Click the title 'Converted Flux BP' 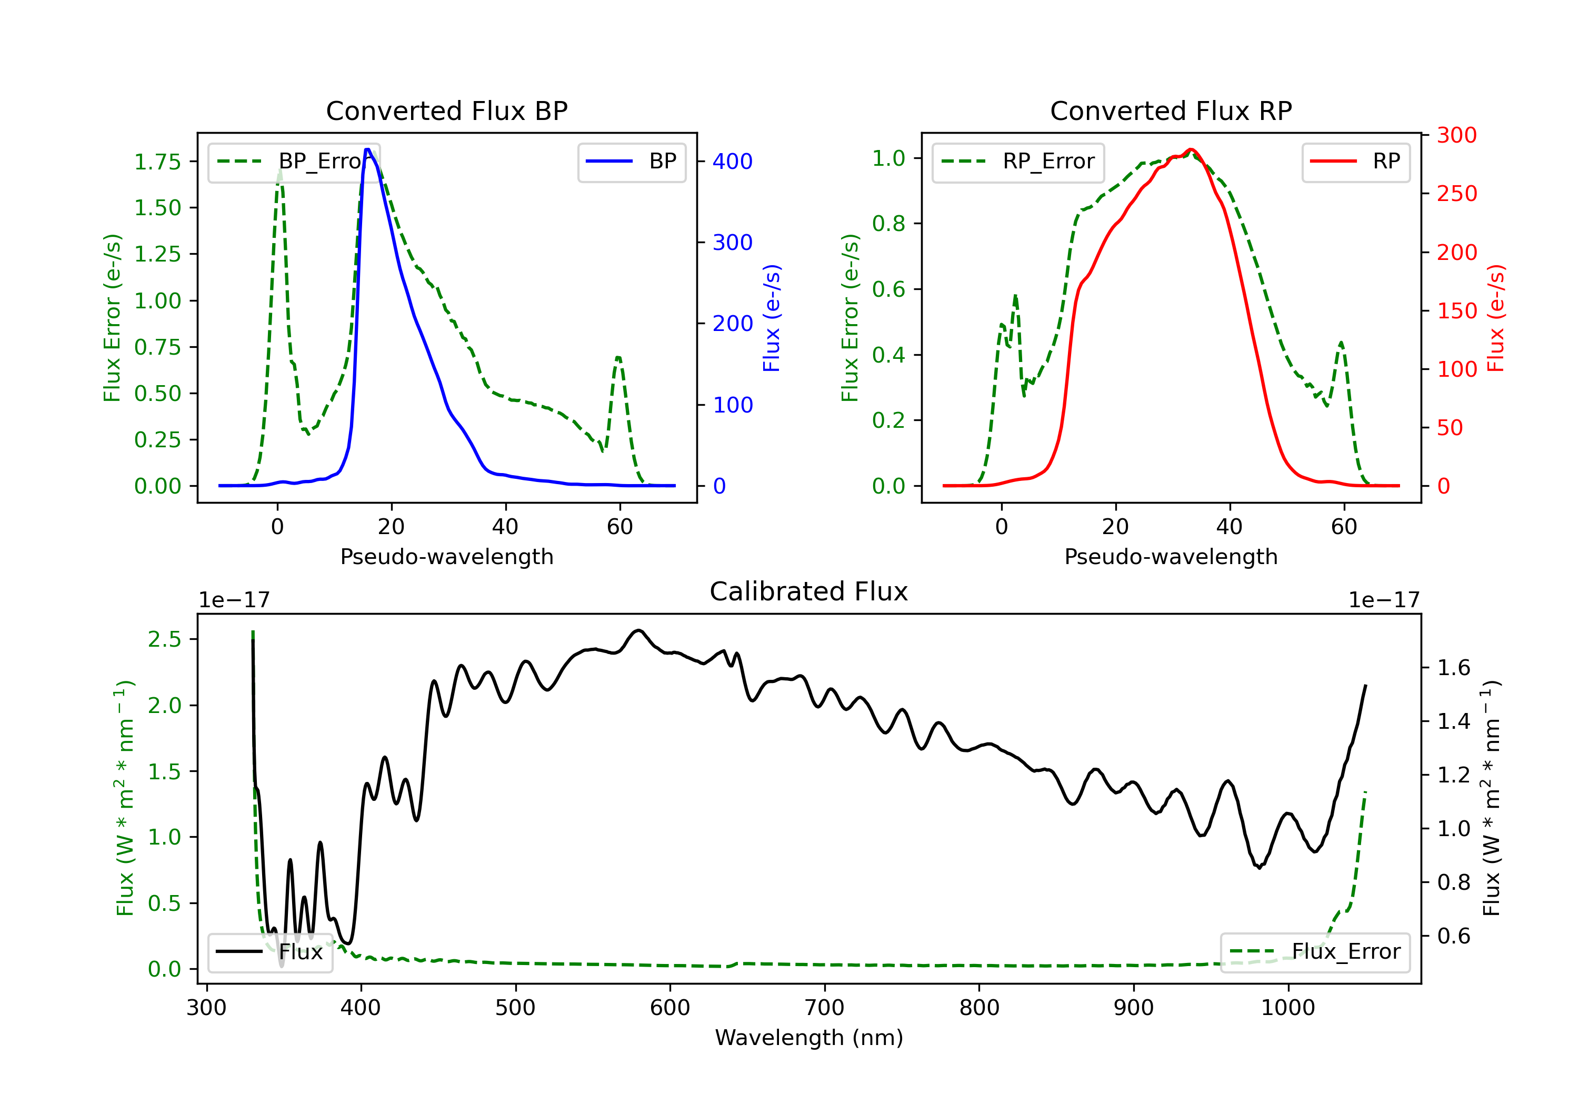(447, 110)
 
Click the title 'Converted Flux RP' (1171, 110)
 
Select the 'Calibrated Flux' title (809, 591)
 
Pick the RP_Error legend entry (1018, 162)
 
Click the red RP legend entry (1355, 162)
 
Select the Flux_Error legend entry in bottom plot (1315, 952)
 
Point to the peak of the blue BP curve (368, 149)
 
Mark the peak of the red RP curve (1191, 149)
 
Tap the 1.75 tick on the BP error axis (157, 162)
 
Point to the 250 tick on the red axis (1456, 194)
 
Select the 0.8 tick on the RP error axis (888, 224)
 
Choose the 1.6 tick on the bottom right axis (1454, 668)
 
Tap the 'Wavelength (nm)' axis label (809, 1038)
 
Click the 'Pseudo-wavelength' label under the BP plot (447, 556)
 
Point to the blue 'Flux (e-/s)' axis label (772, 318)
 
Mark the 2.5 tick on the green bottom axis (164, 639)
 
